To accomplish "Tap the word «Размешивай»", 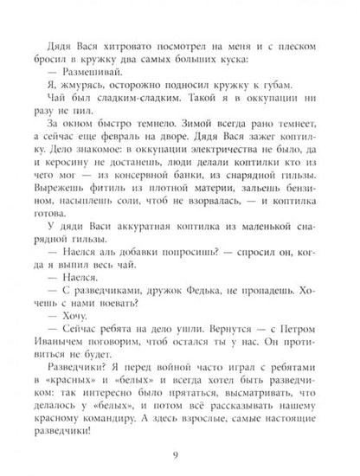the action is [x=99, y=69].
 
